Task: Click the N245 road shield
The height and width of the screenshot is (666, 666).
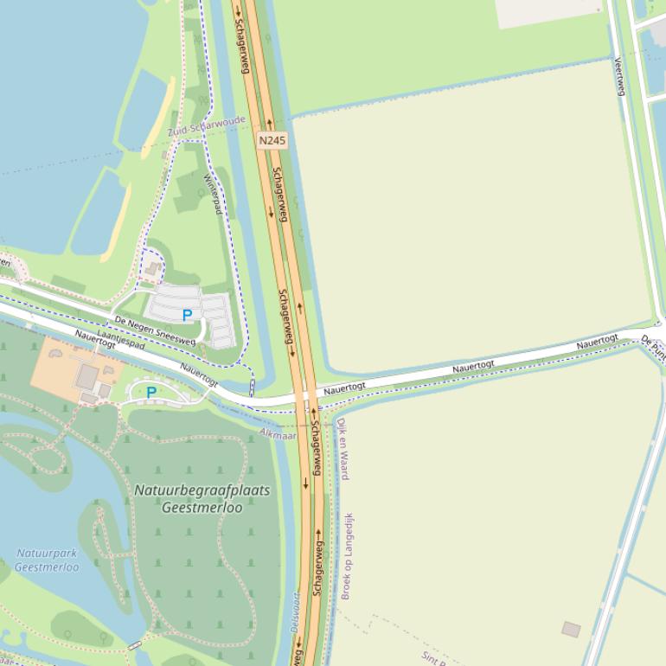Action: click(x=272, y=139)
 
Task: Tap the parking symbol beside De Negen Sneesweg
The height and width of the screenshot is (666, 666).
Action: click(x=187, y=316)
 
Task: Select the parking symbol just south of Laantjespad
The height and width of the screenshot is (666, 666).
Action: click(x=151, y=393)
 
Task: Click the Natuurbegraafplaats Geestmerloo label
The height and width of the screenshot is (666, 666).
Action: click(x=202, y=499)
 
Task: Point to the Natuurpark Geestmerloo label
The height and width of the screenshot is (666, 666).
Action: click(x=46, y=560)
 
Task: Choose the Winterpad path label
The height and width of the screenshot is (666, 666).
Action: click(x=212, y=195)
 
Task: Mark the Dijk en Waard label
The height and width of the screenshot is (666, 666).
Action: click(x=343, y=448)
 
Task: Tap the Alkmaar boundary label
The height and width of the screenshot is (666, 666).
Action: click(x=278, y=433)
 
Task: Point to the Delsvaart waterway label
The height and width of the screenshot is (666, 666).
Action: click(x=295, y=612)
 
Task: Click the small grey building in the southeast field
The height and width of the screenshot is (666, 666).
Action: click(x=571, y=629)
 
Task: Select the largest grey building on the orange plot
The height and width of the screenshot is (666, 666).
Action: click(x=87, y=377)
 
